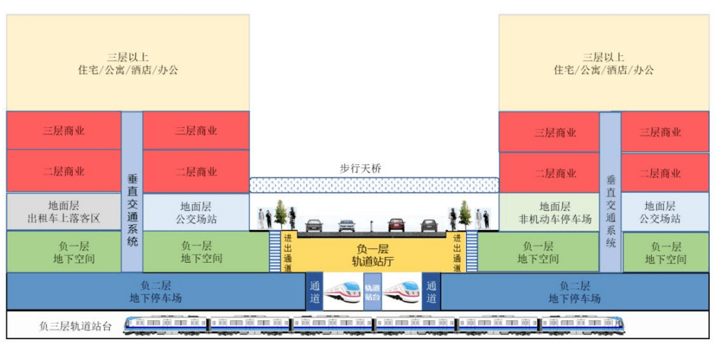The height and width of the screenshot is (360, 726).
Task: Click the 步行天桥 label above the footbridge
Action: coord(360,169)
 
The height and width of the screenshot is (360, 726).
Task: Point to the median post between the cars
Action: coord(371,226)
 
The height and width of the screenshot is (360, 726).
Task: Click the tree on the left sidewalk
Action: coord(280,214)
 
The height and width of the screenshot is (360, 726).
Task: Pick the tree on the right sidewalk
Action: coord(464,214)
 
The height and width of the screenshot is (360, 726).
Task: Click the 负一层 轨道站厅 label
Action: coord(372,254)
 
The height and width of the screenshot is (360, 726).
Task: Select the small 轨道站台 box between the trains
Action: coord(373,291)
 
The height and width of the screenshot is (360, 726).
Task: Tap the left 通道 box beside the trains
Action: coord(314,291)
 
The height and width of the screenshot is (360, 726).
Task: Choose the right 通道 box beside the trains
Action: coord(431,291)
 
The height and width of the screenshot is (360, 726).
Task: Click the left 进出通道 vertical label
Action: coord(287,253)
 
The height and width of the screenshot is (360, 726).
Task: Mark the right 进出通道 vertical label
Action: coord(457,253)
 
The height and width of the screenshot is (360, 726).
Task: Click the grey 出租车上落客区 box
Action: coord(64,212)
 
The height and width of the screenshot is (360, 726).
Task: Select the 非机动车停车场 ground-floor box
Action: coord(549,213)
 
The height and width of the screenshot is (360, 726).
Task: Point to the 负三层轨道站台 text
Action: coord(75,326)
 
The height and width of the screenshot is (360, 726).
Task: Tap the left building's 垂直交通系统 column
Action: coord(132,192)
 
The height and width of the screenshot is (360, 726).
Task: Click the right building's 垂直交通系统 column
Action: coord(611,192)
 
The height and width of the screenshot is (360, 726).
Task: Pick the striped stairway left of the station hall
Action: coord(276,252)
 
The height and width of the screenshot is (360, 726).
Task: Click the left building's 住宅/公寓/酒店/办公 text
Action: coord(128,71)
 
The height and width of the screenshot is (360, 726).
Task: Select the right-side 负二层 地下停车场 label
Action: coord(575,291)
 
